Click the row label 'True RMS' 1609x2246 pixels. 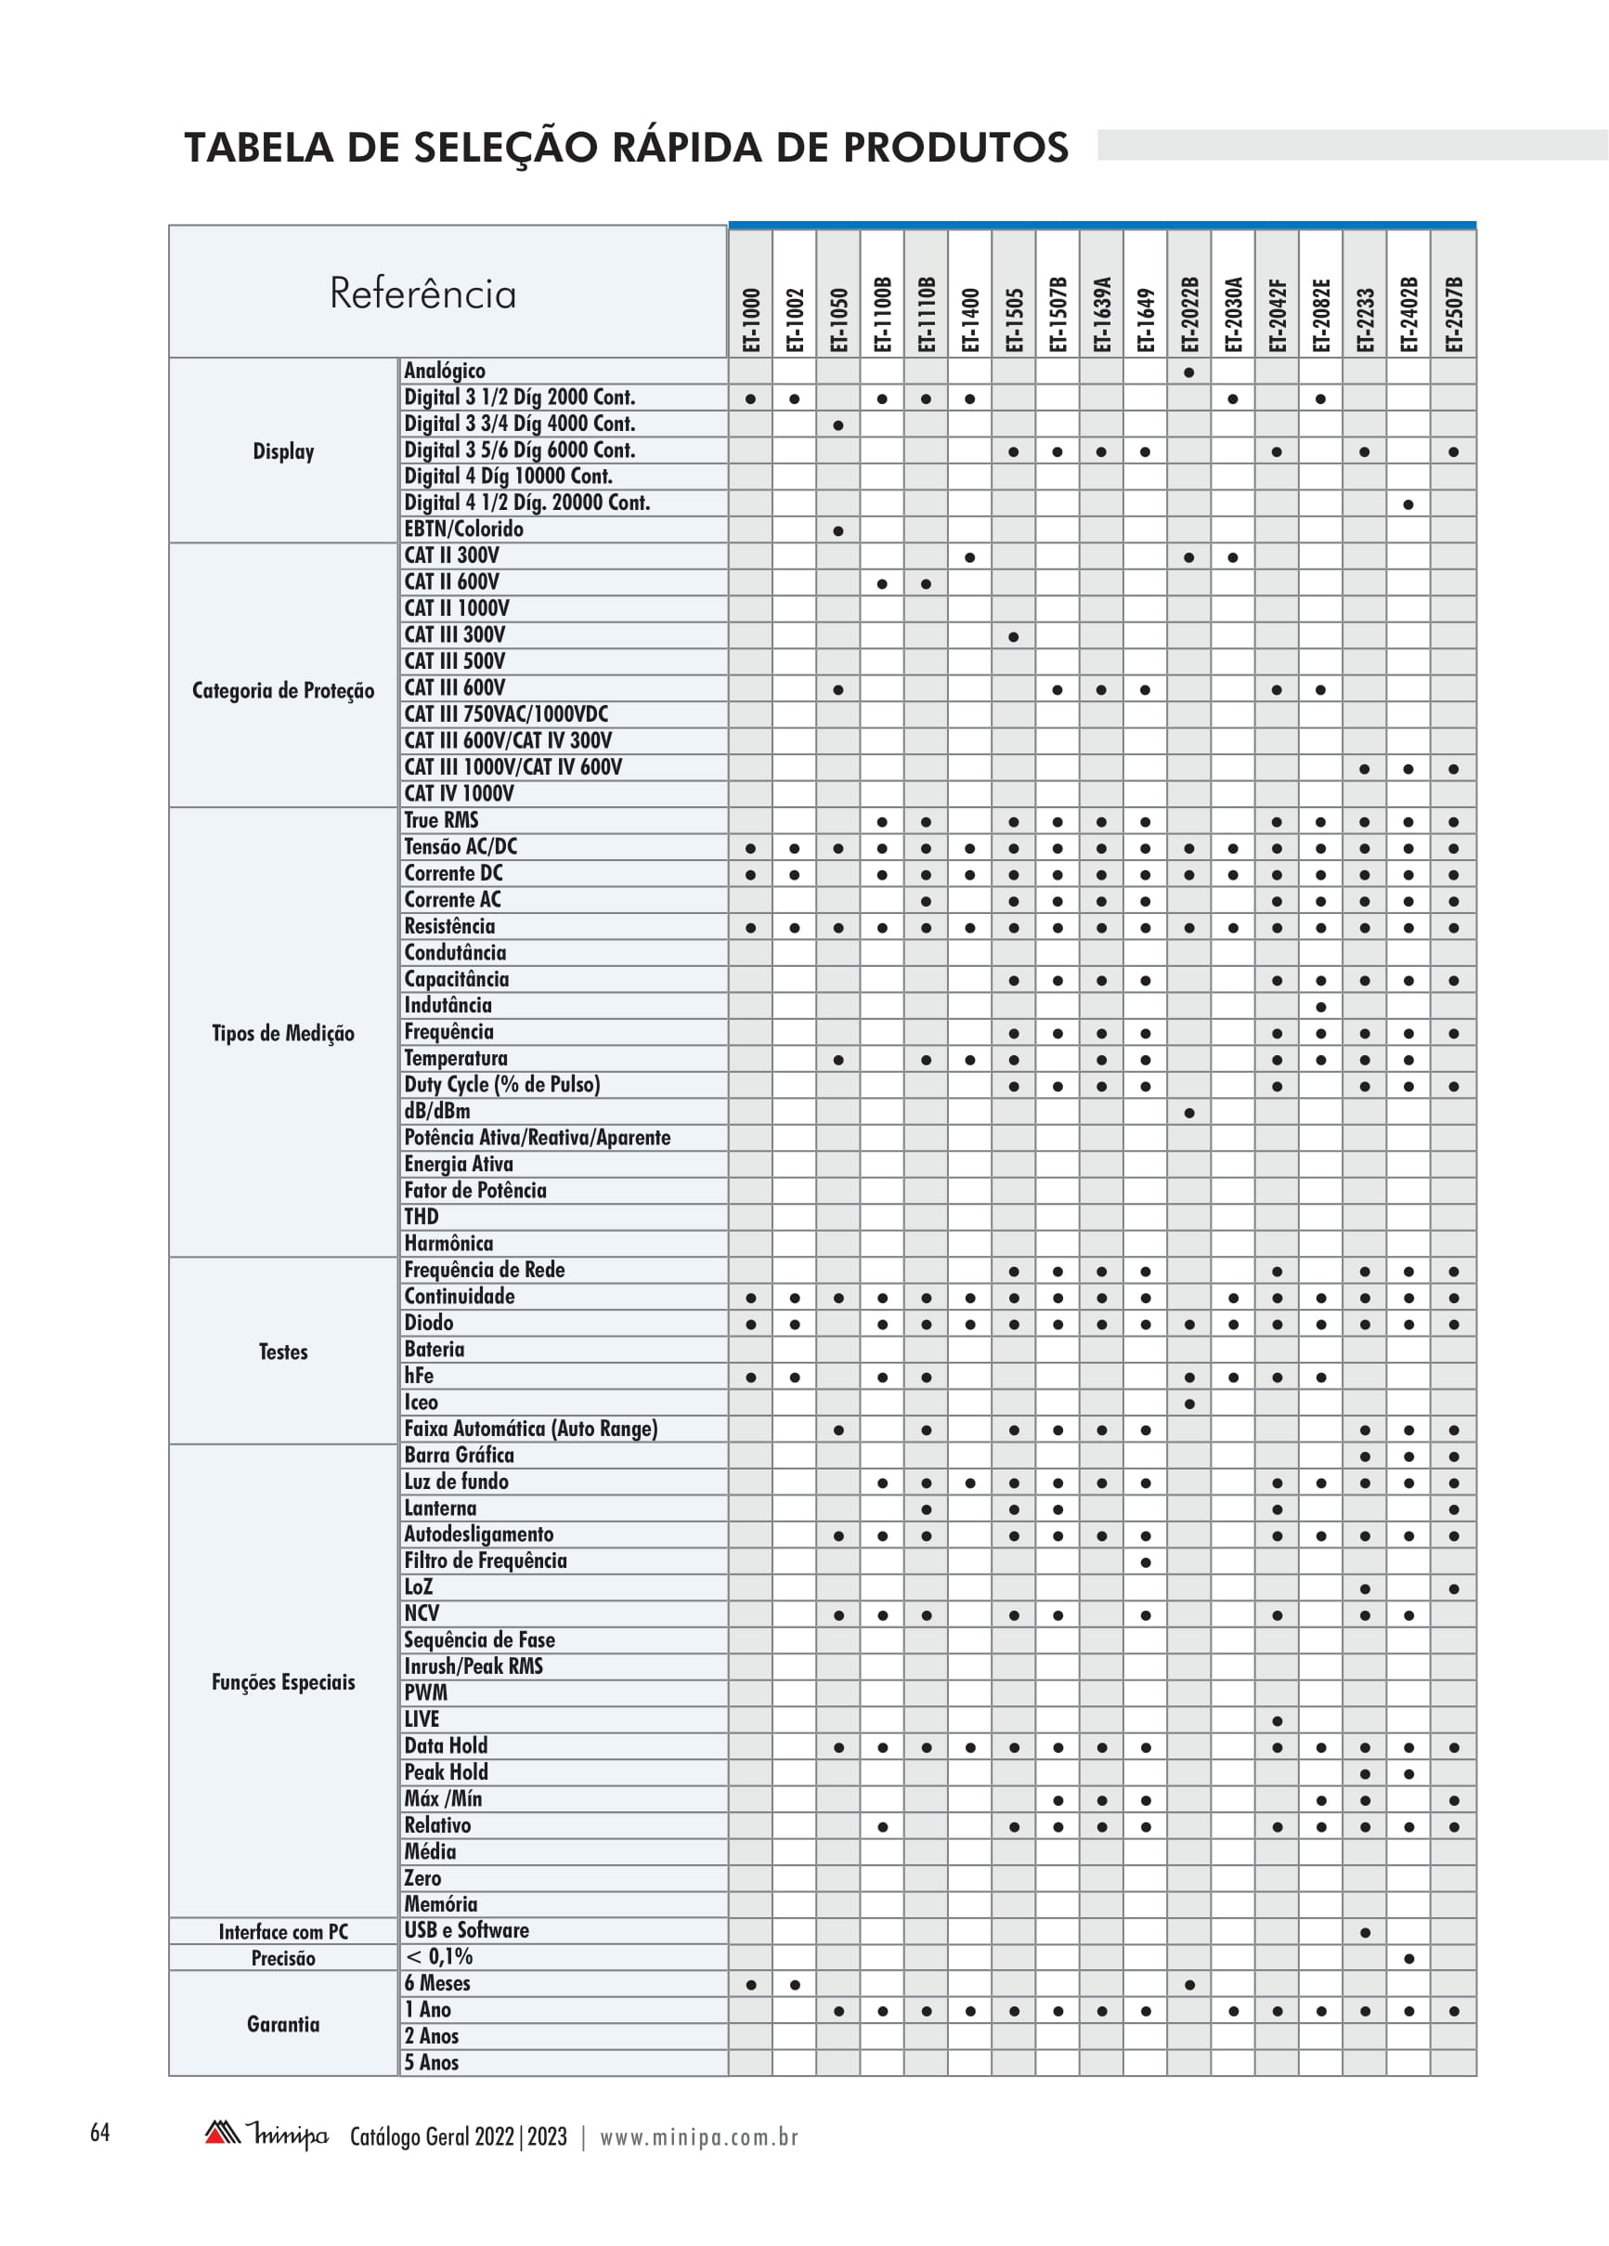click(x=441, y=820)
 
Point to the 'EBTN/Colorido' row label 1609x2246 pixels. click(x=463, y=529)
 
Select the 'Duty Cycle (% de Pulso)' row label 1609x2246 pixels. click(x=501, y=1084)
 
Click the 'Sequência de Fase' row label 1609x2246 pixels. click(x=479, y=1640)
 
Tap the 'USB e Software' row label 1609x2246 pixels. click(x=466, y=1930)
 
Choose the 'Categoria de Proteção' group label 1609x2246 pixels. click(x=283, y=690)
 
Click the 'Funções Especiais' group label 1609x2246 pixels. click(x=283, y=1681)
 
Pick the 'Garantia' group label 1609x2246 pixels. click(x=283, y=2024)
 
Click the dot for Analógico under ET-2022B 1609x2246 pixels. click(x=1189, y=372)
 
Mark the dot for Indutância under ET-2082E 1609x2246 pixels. click(x=1321, y=1007)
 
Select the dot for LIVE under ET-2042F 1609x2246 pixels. click(x=1278, y=1721)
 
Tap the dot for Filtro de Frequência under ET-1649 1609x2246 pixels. click(x=1146, y=1562)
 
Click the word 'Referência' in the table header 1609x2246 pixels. click(x=422, y=294)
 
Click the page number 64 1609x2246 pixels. click(x=100, y=2132)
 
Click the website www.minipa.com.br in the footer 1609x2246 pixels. click(x=699, y=2137)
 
